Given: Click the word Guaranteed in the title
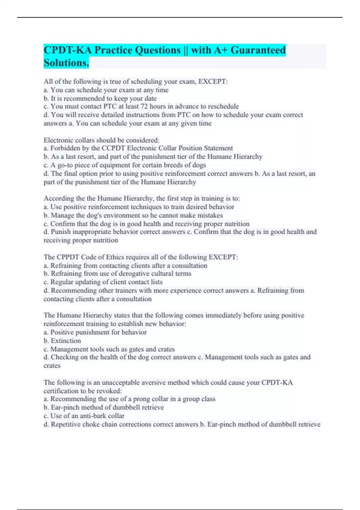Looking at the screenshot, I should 258,50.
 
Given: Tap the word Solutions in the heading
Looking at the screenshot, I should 66,63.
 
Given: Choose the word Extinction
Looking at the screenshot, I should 66,341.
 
